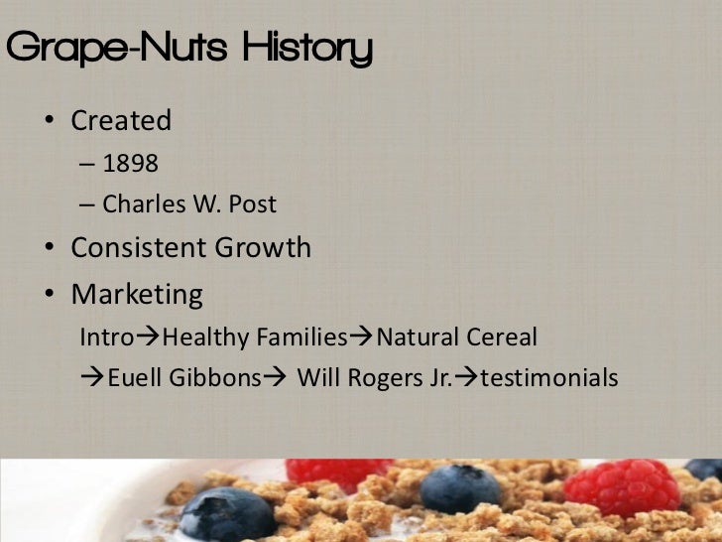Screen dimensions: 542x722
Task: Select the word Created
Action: tap(121, 121)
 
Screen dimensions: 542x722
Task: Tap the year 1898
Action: tap(130, 163)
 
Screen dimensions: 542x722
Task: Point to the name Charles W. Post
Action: tap(189, 204)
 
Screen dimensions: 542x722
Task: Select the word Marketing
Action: tap(137, 295)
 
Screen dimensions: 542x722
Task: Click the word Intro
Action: tap(106, 338)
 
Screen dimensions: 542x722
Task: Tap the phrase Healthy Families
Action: tap(255, 338)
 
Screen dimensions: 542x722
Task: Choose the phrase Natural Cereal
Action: tap(456, 338)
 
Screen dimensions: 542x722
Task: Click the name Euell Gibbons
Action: tap(179, 378)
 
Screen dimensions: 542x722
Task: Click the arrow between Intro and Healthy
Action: tap(148, 338)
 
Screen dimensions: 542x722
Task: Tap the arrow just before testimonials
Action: tap(465, 378)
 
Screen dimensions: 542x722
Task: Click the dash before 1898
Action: tap(86, 163)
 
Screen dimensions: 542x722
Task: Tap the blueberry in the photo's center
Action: tap(460, 487)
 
